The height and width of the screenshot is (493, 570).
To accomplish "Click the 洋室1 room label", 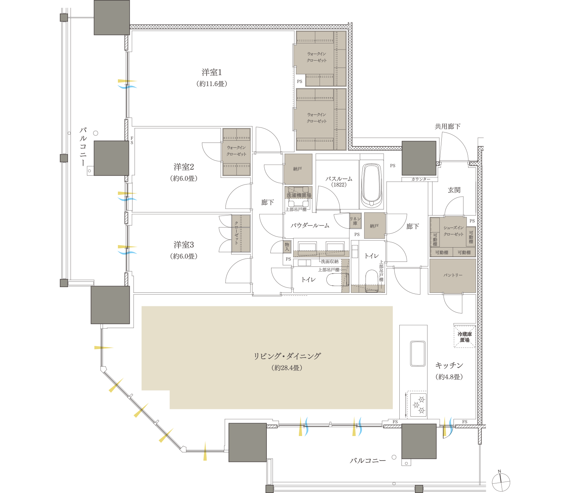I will [212, 73].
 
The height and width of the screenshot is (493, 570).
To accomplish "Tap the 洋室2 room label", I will [183, 167].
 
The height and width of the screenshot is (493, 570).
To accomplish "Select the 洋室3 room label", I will [183, 245].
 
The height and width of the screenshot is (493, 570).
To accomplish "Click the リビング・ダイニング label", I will [287, 356].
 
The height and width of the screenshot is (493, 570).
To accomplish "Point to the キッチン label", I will [449, 365].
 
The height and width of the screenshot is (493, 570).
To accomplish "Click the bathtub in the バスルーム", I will [372, 185].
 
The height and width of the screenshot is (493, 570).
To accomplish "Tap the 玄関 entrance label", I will [454, 190].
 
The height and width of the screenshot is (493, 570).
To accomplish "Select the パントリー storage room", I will [453, 275].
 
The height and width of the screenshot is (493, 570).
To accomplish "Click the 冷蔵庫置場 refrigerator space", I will [465, 337].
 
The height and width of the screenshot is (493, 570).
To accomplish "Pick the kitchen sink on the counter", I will [418, 353].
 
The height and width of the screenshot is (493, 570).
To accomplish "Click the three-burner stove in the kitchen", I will [419, 405].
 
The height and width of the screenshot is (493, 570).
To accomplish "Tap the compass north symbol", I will [501, 482].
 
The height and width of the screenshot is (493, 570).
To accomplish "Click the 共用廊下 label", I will [447, 127].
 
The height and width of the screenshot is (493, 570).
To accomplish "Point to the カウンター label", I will [421, 179].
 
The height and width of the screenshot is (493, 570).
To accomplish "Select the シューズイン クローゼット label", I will [454, 231].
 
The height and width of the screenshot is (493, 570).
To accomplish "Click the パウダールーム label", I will [310, 225].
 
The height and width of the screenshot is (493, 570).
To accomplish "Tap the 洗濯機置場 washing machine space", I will [299, 196].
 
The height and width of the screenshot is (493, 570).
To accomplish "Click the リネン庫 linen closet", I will [355, 221].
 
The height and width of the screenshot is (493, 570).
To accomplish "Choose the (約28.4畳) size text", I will [287, 368].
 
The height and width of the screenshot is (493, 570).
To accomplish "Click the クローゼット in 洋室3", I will [237, 233].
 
